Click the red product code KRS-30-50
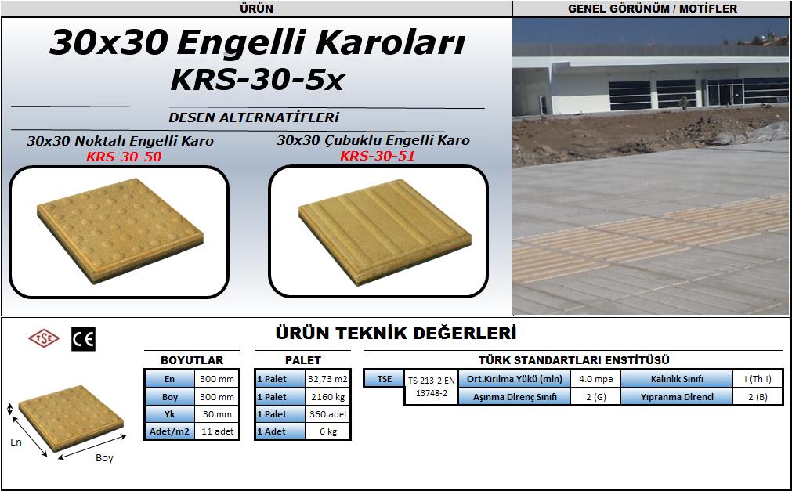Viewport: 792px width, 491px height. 124,157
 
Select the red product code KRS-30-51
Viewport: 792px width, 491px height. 378,156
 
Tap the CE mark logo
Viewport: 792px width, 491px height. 83,339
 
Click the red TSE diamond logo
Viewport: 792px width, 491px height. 43,338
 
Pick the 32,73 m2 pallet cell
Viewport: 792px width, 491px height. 327,379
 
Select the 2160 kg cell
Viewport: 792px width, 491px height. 327,397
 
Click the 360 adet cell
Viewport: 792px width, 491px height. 327,414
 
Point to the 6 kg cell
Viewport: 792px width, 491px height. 327,431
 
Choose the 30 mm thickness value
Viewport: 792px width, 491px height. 217,414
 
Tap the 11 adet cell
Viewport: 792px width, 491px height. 217,431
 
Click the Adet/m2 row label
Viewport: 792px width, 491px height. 169,431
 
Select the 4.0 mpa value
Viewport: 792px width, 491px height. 595,379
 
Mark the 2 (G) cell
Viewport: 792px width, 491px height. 595,397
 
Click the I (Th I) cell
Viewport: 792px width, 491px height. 758,379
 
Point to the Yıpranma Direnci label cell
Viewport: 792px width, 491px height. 677,397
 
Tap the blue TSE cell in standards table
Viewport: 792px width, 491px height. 384,379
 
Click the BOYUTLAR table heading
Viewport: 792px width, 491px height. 191,360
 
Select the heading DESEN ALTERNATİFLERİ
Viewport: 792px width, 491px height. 254,117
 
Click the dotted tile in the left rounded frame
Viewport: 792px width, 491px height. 120,230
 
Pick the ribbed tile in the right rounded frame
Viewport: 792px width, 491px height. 385,232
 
